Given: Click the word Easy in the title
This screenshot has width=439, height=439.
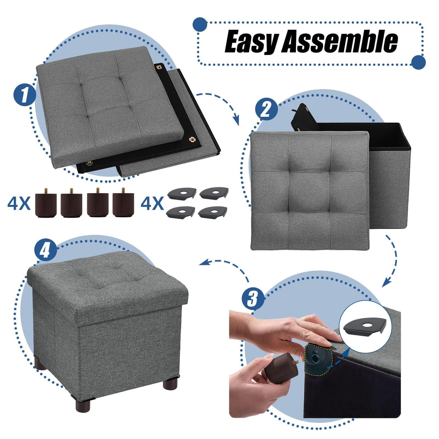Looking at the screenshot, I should point(251,42).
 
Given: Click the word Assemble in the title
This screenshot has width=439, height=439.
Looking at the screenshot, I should point(340,42).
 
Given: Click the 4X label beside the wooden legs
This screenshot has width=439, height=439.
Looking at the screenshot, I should point(19,204).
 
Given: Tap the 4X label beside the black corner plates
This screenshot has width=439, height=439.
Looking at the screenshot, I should point(152,204).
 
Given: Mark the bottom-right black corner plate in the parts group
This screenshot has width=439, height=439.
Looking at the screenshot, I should point(213,212).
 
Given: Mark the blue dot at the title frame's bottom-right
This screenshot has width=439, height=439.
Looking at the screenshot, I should point(418,62).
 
